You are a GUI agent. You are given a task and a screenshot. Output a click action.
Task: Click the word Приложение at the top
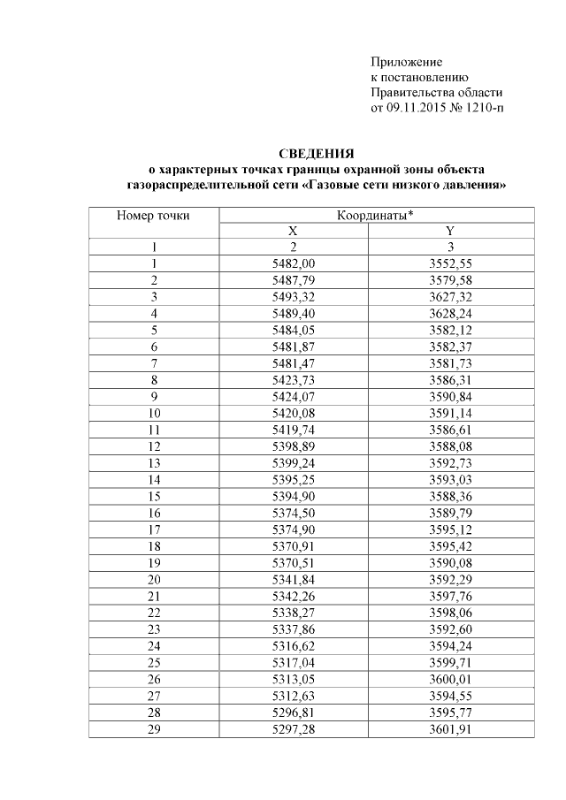click(x=405, y=62)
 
